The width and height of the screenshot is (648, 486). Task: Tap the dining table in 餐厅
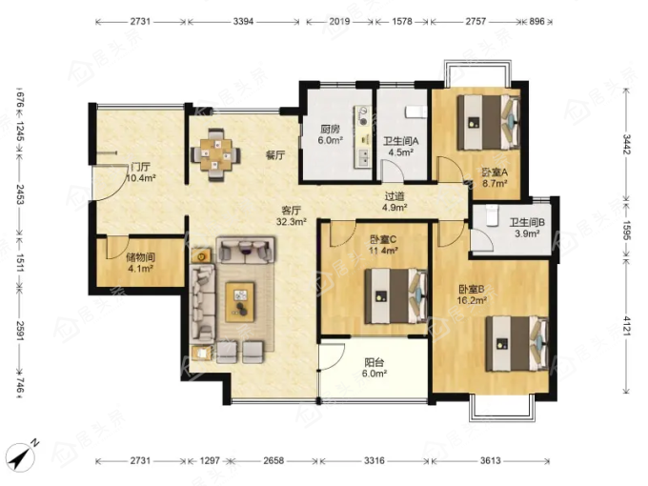(215, 155)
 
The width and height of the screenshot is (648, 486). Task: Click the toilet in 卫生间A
(415, 112)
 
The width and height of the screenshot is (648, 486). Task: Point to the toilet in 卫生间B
(491, 215)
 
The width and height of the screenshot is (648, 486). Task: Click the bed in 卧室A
(488, 123)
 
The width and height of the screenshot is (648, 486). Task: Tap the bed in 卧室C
(395, 296)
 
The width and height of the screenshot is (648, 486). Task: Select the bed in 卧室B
(517, 344)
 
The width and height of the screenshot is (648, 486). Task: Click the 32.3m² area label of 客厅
(291, 222)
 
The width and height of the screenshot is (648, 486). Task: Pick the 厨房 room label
(331, 130)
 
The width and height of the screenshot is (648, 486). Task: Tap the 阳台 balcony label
(375, 362)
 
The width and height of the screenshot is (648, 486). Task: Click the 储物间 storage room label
(140, 257)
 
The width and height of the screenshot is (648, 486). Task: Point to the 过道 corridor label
(395, 196)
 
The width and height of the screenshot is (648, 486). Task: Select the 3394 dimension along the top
(243, 22)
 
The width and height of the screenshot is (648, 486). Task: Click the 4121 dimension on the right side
(627, 326)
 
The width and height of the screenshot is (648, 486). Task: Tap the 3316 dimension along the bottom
(375, 460)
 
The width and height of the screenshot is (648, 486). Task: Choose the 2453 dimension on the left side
(20, 194)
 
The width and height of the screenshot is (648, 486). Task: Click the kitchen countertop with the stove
(362, 137)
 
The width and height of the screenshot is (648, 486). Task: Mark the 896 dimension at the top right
(537, 22)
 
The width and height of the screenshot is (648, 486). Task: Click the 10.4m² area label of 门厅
(140, 178)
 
